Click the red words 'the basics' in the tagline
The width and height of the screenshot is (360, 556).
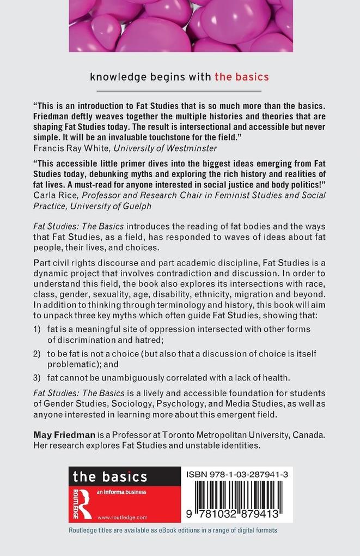pos(241,76)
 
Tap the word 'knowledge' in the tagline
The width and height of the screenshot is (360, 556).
pos(118,77)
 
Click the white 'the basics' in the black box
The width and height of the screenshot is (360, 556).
pos(109,477)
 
